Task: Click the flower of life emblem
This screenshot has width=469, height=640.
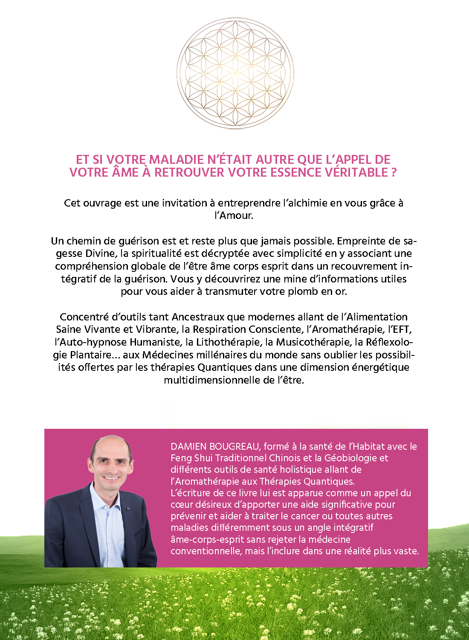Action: coord(235,73)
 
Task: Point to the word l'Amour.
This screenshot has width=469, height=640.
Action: coord(234,215)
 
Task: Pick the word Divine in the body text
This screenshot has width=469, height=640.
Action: coord(101,253)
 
